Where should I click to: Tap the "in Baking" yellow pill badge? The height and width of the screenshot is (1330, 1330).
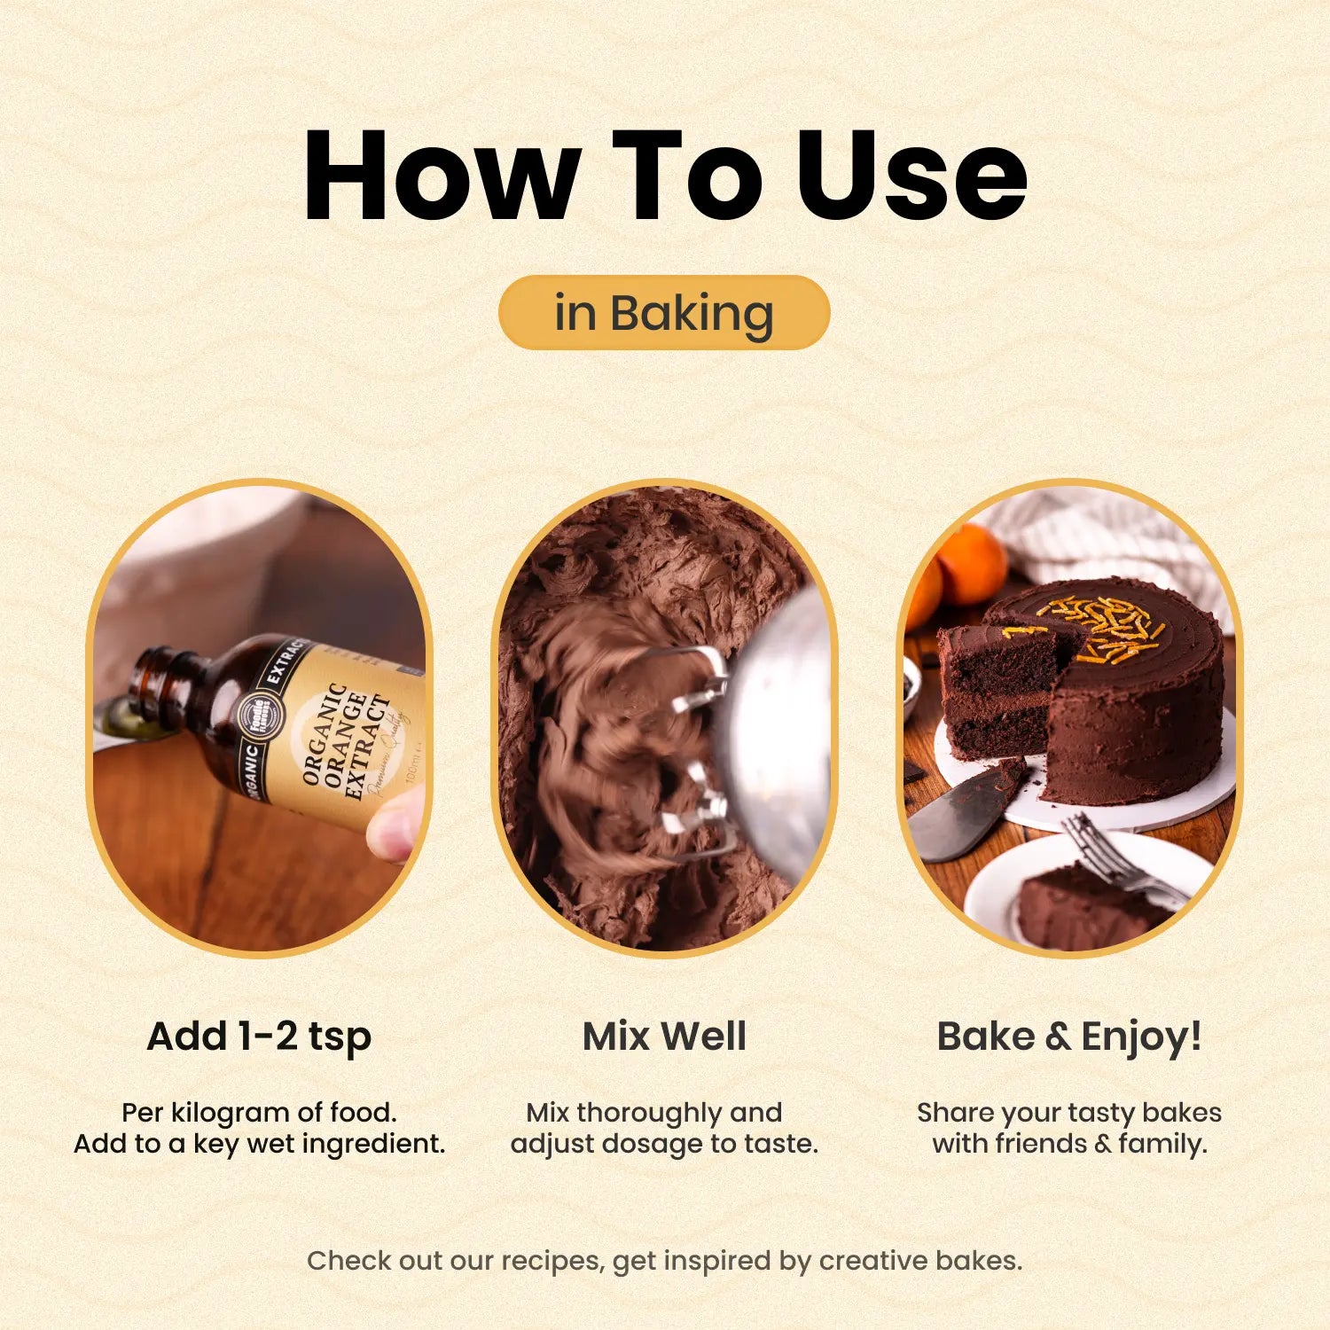(x=664, y=312)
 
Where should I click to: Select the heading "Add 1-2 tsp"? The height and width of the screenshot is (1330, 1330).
(x=259, y=1037)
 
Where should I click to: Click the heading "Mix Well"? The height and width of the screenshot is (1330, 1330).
(x=664, y=1036)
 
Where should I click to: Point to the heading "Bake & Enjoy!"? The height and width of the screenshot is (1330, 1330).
(x=1069, y=1037)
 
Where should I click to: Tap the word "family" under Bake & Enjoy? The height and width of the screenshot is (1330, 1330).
(x=1162, y=1145)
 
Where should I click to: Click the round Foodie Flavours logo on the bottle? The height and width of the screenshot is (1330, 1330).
(x=259, y=717)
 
